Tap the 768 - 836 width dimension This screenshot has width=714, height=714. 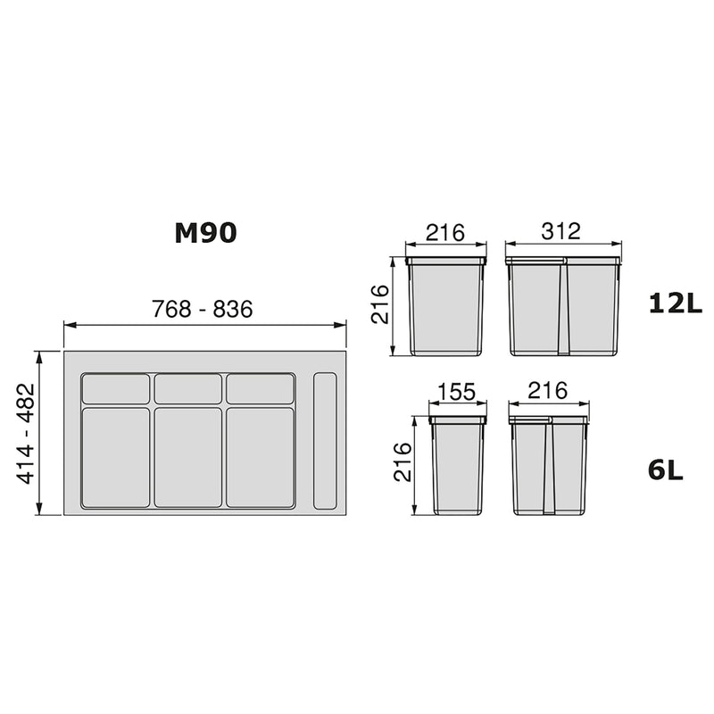pyautogui.click(x=203, y=309)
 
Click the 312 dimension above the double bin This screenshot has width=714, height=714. pyautogui.click(x=561, y=231)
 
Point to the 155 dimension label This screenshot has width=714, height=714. pyautogui.click(x=457, y=394)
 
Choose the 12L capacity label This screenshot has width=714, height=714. pyautogui.click(x=676, y=304)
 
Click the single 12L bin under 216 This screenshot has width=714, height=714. pyautogui.click(x=445, y=306)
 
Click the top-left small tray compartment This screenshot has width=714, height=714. pyautogui.click(x=116, y=389)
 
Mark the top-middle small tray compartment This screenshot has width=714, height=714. pyautogui.click(x=188, y=389)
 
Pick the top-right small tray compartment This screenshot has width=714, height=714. pyautogui.click(x=261, y=389)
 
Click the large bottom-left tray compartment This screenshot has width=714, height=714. pyautogui.click(x=116, y=457)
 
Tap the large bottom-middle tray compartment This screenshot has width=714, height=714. pyautogui.click(x=188, y=457)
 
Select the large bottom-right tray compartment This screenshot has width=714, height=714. pyautogui.click(x=261, y=457)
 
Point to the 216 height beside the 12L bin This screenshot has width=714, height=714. pyautogui.click(x=379, y=305)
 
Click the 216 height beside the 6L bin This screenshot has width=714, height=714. pyautogui.click(x=403, y=462)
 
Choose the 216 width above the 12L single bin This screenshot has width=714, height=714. pyautogui.click(x=444, y=232)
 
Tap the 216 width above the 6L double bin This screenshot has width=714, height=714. pyautogui.click(x=548, y=391)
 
